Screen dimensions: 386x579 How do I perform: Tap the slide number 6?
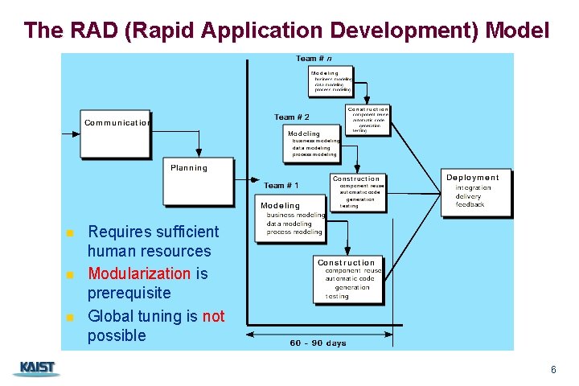click(x=553, y=370)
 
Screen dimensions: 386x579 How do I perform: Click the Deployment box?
click(x=478, y=192)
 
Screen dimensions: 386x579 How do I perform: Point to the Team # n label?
click(x=314, y=59)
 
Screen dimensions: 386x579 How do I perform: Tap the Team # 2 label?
click(x=292, y=117)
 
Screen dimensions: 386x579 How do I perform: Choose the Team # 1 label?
click(x=281, y=186)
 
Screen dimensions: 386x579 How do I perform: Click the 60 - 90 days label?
click(x=318, y=343)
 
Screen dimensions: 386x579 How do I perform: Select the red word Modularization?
click(x=138, y=273)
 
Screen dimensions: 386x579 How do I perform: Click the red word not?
click(x=214, y=316)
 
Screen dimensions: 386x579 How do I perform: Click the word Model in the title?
click(x=519, y=31)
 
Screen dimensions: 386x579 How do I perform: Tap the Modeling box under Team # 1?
click(x=289, y=219)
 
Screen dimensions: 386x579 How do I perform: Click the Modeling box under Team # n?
click(x=330, y=81)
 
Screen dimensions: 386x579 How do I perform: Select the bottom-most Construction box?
click(x=347, y=280)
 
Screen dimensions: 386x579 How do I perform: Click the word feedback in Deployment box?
click(x=470, y=205)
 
